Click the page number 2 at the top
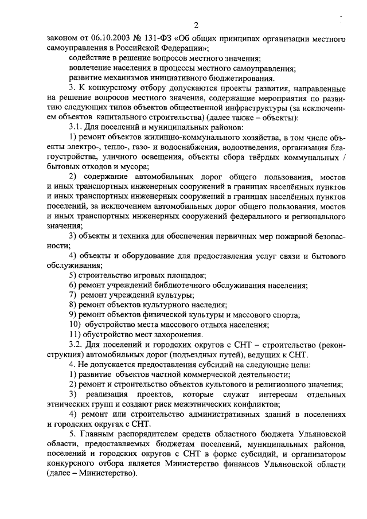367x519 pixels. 196,25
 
